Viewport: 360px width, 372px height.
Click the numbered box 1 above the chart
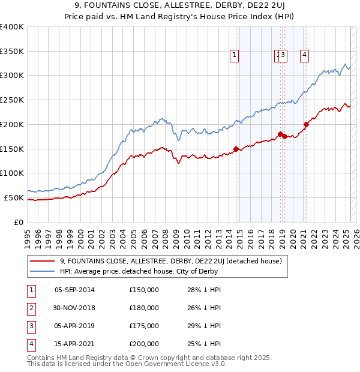(x=233, y=56)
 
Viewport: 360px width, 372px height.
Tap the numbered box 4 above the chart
(x=305, y=56)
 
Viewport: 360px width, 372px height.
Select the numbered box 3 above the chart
(x=283, y=56)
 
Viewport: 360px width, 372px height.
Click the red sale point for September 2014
(x=236, y=148)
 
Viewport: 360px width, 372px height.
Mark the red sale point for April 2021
(x=306, y=124)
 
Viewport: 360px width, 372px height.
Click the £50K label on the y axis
(x=14, y=197)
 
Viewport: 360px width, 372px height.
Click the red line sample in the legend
(x=42, y=261)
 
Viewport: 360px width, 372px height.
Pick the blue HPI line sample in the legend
(x=42, y=271)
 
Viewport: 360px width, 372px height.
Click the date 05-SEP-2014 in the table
(x=74, y=290)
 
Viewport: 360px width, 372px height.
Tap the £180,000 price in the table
(x=144, y=308)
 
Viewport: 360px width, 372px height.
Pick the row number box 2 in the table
(x=30, y=308)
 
